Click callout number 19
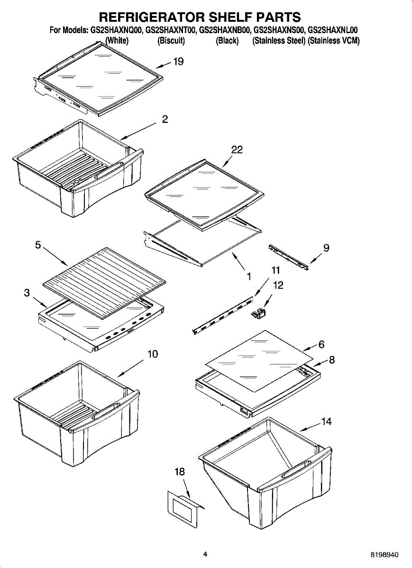click(x=178, y=62)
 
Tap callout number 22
click(x=237, y=150)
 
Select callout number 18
click(x=179, y=471)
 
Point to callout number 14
click(x=326, y=422)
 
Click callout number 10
click(x=153, y=354)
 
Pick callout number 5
click(x=38, y=245)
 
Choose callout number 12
click(x=278, y=285)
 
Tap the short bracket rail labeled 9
click(x=288, y=257)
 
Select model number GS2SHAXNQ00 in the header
click(x=116, y=30)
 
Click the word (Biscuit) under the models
click(x=171, y=41)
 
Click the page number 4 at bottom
click(x=205, y=554)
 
